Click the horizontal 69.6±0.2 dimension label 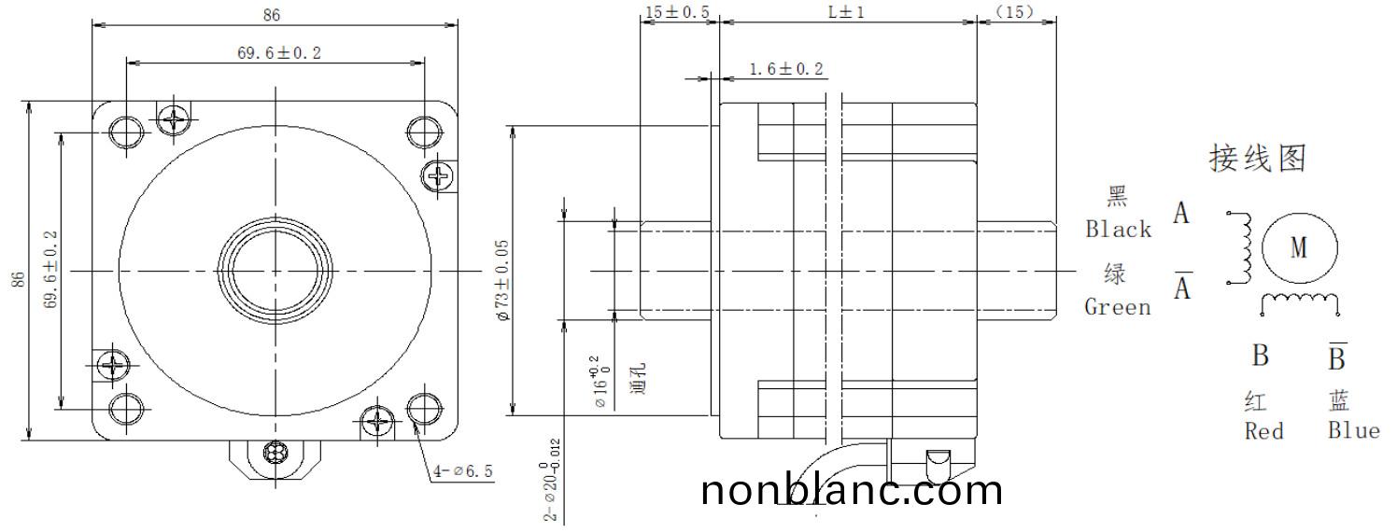[x=278, y=52]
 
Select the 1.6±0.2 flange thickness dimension [x=786, y=69]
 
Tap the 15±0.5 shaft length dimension [x=677, y=12]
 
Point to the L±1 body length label [x=847, y=12]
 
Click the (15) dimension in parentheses [x=1015, y=12]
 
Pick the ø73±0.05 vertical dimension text [x=502, y=280]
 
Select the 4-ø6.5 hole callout [x=462, y=471]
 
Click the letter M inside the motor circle [x=1299, y=247]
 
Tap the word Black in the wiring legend [x=1118, y=230]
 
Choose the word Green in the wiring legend [x=1118, y=307]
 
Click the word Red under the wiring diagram [x=1263, y=431]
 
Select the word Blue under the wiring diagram [x=1353, y=430]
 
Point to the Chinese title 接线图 [x=1257, y=159]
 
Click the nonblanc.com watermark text [x=851, y=491]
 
